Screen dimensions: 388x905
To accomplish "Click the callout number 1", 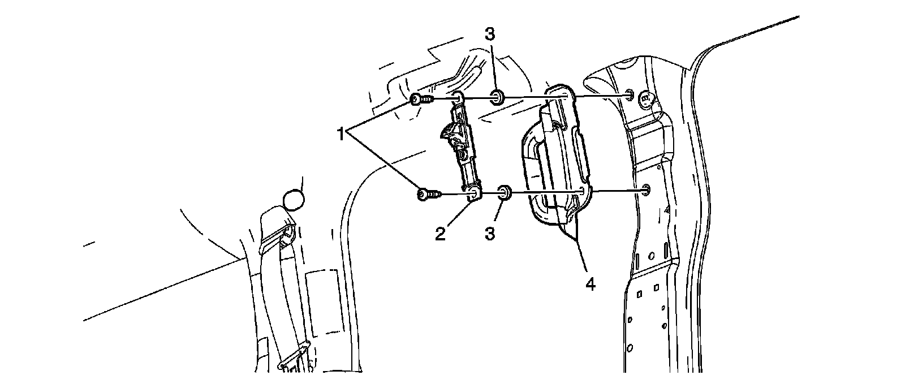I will [x=341, y=135].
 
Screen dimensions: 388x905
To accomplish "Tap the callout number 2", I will [x=440, y=233].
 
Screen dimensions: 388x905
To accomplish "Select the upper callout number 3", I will [x=490, y=34].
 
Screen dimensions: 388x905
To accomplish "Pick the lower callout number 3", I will [x=490, y=233].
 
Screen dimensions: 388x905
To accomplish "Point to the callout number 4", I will [x=590, y=284].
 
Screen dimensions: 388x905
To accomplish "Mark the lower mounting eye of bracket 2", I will [x=473, y=195].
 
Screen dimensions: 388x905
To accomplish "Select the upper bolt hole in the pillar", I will [x=630, y=96].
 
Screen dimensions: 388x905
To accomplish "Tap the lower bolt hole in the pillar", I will [x=646, y=189].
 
